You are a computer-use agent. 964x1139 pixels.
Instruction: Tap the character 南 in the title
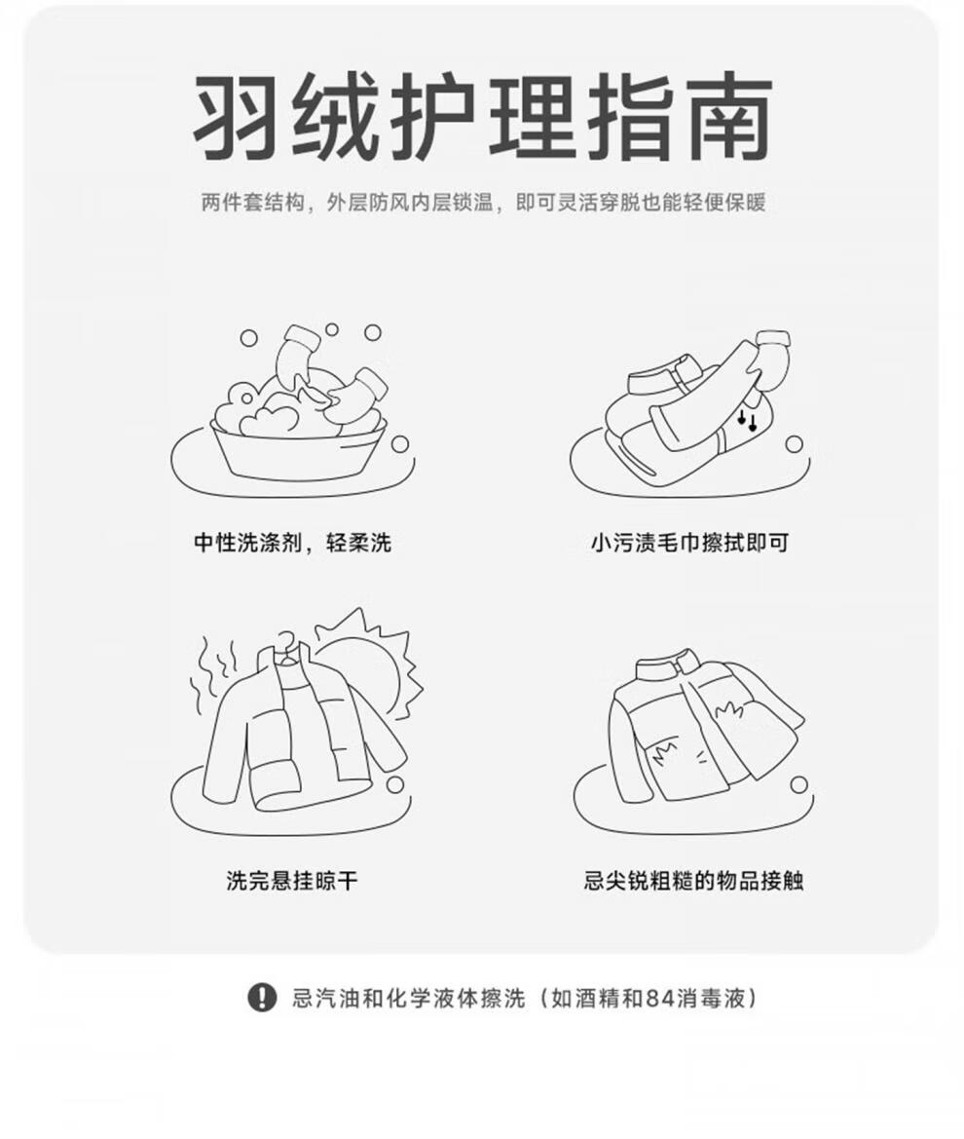coord(728,115)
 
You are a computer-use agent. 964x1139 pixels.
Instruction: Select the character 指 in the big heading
coord(630,115)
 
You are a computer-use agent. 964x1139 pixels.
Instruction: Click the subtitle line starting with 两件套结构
coord(483,202)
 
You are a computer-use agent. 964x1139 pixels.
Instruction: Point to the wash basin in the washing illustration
coord(298,449)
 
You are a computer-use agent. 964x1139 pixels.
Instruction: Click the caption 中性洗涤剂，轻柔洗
coord(292,543)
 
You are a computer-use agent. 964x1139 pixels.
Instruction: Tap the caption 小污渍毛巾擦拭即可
coord(689,543)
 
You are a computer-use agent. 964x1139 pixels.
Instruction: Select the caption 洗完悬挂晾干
coord(292,881)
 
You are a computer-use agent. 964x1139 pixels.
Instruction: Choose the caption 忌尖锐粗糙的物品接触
coord(693,881)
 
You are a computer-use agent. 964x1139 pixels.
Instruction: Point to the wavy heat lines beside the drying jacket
coord(212,674)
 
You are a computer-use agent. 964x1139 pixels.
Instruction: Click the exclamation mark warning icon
coord(261,998)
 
